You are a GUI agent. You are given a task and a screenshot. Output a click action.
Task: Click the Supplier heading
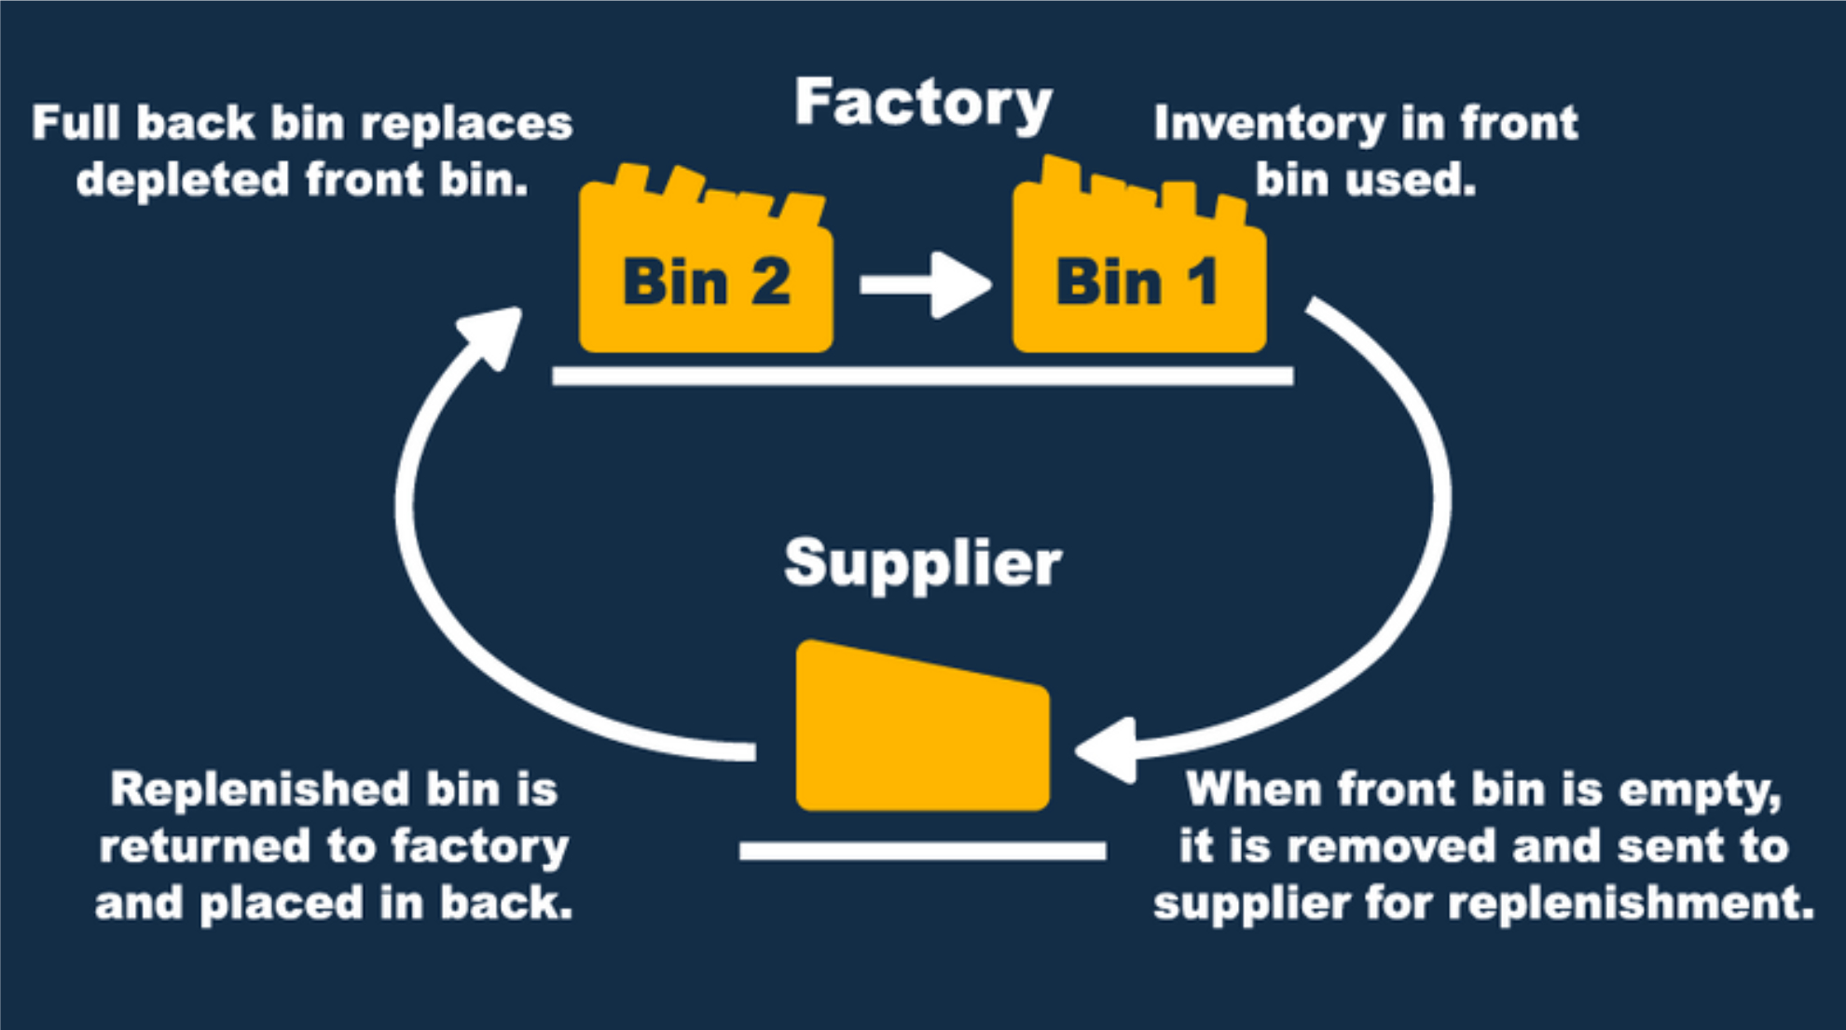(x=923, y=563)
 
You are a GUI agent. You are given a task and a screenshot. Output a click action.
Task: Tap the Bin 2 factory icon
(x=706, y=280)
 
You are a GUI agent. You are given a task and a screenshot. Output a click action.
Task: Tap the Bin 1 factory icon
(x=1139, y=280)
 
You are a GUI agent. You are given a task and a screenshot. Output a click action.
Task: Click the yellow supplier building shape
(x=922, y=732)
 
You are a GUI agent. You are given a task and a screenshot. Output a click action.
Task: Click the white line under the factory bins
(x=922, y=376)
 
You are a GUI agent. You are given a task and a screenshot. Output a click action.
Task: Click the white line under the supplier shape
(x=922, y=850)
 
